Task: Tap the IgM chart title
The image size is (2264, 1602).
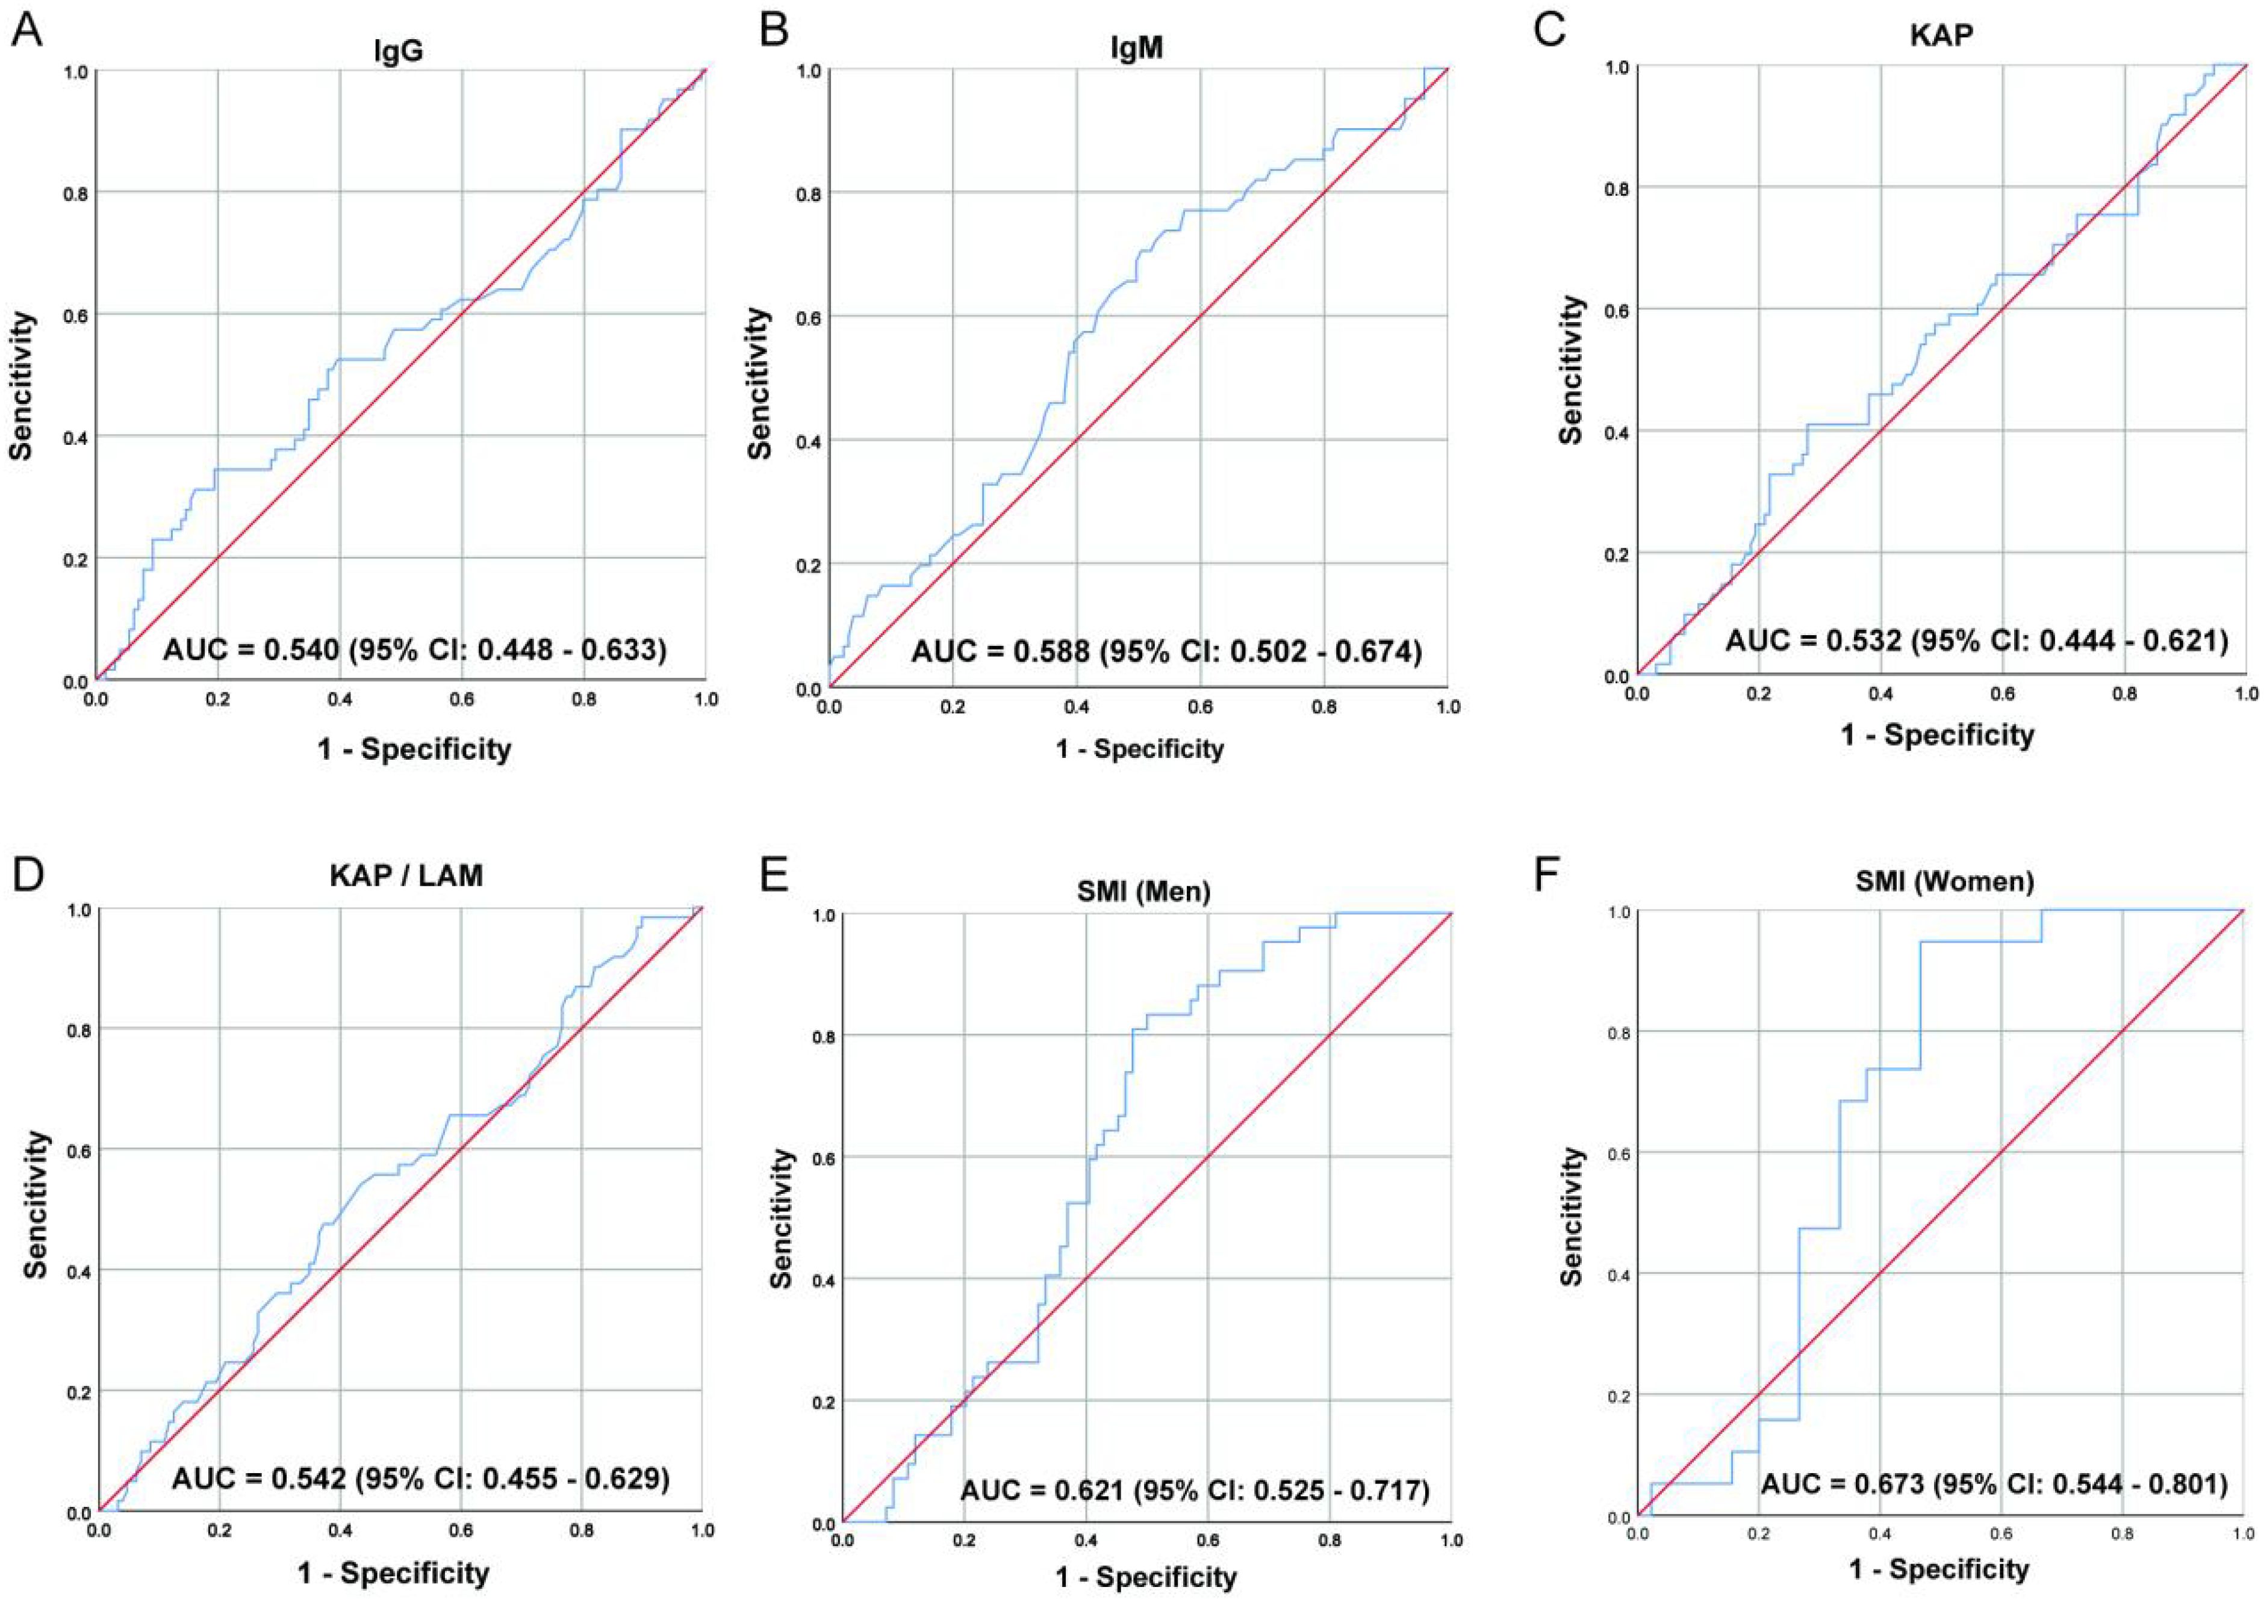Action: pos(1137,46)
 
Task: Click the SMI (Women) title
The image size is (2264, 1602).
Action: pos(1944,881)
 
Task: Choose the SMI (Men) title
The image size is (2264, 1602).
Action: pos(1144,891)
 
